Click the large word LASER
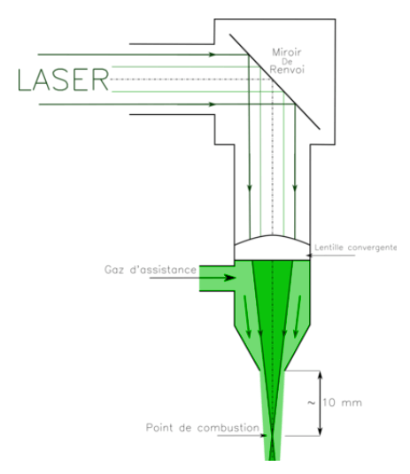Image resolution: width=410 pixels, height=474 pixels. click(63, 80)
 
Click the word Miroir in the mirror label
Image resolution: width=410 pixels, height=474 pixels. click(286, 52)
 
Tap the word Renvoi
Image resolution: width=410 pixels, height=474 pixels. click(287, 70)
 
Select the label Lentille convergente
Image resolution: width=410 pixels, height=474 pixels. click(355, 248)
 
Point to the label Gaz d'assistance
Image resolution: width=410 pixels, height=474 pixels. click(151, 270)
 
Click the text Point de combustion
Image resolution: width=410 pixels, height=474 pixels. click(202, 428)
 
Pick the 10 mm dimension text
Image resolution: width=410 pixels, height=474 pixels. click(342, 402)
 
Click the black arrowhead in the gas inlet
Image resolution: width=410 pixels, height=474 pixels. click(229, 278)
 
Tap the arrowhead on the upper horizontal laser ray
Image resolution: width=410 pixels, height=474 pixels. click(213, 55)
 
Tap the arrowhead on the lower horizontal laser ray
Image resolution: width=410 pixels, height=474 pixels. click(213, 104)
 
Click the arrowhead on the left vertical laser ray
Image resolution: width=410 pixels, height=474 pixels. click(250, 188)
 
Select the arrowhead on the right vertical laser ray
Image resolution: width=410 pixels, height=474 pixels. click(295, 188)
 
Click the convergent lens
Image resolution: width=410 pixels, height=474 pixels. click(272, 248)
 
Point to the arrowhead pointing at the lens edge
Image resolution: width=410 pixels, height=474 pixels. click(309, 256)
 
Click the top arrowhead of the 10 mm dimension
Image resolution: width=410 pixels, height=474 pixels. click(320, 375)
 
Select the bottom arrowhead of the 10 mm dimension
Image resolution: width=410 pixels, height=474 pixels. click(320, 432)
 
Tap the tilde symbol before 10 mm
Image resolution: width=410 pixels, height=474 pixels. click(312, 403)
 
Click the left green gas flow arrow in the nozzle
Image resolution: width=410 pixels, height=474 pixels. click(247, 317)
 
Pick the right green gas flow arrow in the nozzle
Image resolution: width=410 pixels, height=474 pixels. click(298, 317)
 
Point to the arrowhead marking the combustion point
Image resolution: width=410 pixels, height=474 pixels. click(264, 436)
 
